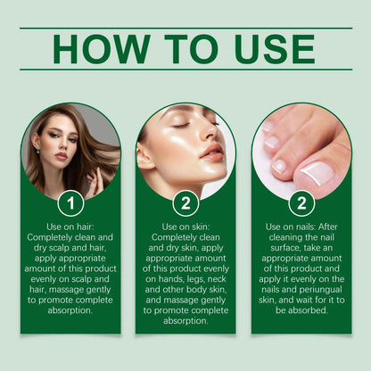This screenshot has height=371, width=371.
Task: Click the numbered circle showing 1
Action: click(x=70, y=203)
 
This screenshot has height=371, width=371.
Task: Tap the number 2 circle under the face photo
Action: click(x=185, y=203)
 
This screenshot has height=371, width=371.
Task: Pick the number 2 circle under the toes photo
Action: click(x=301, y=203)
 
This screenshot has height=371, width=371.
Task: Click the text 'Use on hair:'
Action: click(x=70, y=227)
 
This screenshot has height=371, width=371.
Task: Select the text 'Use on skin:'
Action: click(x=185, y=227)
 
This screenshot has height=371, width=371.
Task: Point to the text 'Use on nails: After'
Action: click(x=301, y=227)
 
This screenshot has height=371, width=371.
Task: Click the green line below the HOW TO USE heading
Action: click(x=185, y=70)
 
